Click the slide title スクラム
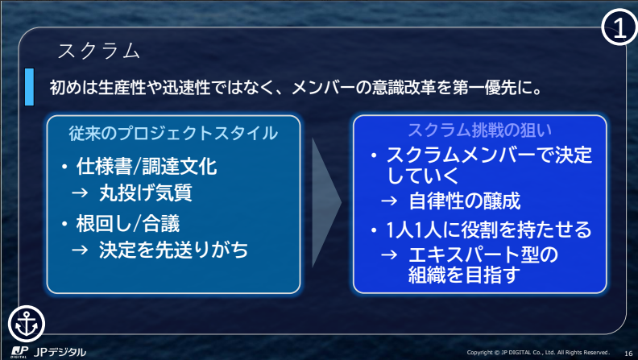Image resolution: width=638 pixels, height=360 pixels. click(x=99, y=52)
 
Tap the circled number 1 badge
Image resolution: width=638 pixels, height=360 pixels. click(x=619, y=28)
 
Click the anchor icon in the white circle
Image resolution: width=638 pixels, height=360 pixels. click(x=27, y=324)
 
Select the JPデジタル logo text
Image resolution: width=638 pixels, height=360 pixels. click(x=60, y=352)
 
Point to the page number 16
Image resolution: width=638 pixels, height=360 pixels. click(x=628, y=353)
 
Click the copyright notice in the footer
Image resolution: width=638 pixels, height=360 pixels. click(x=538, y=352)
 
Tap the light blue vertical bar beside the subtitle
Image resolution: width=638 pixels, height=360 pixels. click(x=29, y=87)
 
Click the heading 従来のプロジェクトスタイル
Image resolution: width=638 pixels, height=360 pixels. click(x=173, y=133)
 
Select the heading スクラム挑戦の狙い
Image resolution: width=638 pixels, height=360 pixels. click(x=480, y=130)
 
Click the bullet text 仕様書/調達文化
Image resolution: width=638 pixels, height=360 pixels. click(x=147, y=166)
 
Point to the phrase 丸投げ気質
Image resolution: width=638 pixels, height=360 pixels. click(x=146, y=192)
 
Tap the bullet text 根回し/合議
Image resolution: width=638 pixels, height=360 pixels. click(x=128, y=223)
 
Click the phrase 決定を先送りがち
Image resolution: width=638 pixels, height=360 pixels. click(x=173, y=250)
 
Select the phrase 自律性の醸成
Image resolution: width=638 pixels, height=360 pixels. click(x=464, y=201)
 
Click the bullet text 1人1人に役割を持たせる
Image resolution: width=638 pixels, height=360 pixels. click(x=489, y=230)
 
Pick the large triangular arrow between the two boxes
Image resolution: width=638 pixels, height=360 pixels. click(x=326, y=202)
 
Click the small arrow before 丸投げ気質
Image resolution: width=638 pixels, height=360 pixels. click(x=80, y=192)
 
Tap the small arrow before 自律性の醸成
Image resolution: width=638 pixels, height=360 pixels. click(x=389, y=201)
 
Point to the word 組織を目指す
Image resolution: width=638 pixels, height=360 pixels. click(x=464, y=275)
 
